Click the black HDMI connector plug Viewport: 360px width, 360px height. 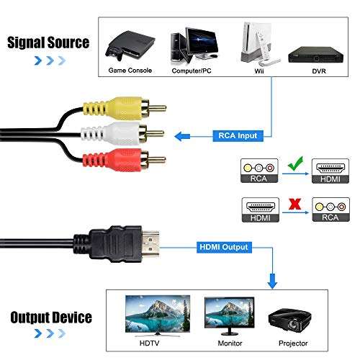tap(126, 247)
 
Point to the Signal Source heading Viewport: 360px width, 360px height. tap(48, 42)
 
